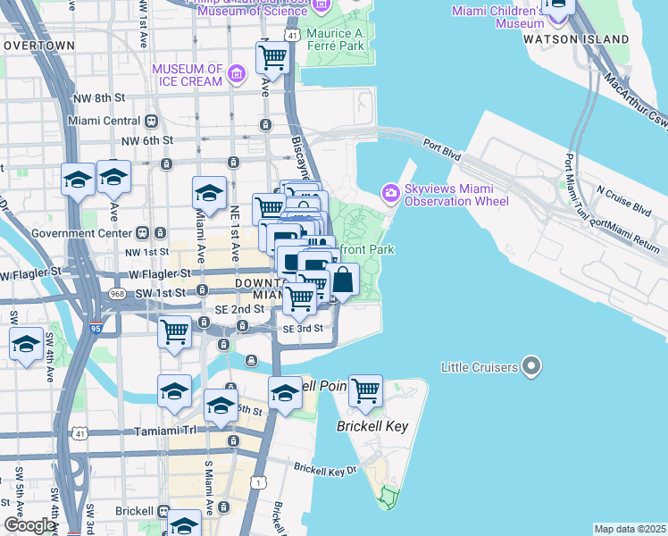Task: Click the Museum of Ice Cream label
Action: tap(187, 75)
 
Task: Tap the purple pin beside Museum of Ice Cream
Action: tap(237, 72)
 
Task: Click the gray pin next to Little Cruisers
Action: tap(531, 366)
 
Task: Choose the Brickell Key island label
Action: tap(372, 426)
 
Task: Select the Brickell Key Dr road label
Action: tap(325, 468)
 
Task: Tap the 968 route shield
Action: tap(116, 293)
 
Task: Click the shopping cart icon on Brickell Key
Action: tap(365, 389)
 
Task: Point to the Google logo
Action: tap(29, 526)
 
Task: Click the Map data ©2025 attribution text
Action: tap(630, 529)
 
